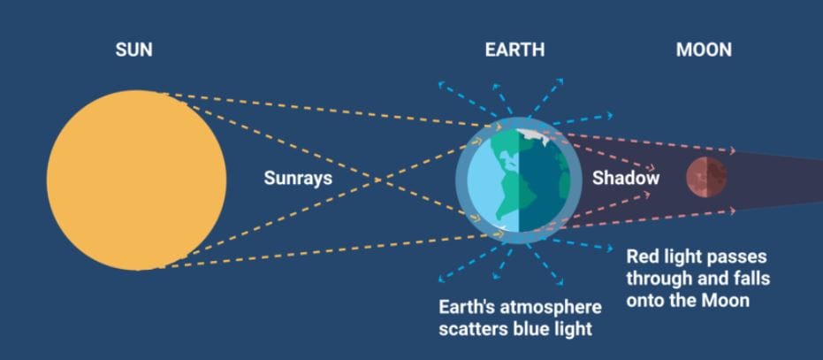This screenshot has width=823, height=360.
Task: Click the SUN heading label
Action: pos(133,50)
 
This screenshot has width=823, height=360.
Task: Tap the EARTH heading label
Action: pos(514,50)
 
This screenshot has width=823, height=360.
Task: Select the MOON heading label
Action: pos(704,50)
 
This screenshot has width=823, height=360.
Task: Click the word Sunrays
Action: pos(298,178)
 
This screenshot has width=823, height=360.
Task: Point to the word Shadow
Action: pos(626,178)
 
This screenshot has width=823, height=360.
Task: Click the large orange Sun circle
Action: pos(136,180)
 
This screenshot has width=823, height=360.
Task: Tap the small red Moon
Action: pos(706,177)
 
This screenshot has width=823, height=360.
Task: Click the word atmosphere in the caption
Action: pos(547,307)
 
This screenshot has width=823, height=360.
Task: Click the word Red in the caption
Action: pos(642,257)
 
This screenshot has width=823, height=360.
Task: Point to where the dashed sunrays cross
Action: pos(377,180)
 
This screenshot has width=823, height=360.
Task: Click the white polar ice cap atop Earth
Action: pos(534,136)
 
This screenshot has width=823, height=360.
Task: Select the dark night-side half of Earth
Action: pos(545,180)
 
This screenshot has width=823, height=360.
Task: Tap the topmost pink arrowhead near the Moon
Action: pos(732,151)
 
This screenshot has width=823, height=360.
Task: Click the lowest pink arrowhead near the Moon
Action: pos(732,211)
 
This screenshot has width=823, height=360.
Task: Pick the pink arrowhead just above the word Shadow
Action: pos(652,168)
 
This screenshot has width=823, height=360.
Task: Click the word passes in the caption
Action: pos(735,257)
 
